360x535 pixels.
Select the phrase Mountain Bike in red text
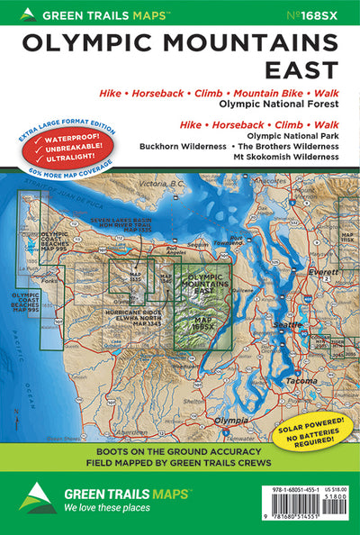pos(276,94)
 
